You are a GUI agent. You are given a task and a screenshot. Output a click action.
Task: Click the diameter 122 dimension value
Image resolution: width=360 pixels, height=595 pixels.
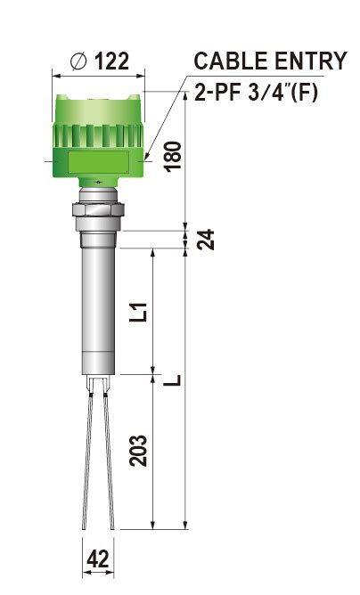(x=111, y=61)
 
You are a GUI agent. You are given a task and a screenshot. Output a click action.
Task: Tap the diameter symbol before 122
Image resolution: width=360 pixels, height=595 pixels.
(x=79, y=61)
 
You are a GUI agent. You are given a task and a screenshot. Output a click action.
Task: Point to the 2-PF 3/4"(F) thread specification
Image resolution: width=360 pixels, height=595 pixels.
(x=256, y=93)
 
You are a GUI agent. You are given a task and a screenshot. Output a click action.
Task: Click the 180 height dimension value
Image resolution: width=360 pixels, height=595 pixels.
(x=173, y=157)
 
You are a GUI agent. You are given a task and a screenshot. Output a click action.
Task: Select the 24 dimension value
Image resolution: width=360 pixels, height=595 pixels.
(x=206, y=240)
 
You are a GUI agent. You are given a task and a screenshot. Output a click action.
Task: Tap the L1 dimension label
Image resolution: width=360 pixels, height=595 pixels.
(x=138, y=312)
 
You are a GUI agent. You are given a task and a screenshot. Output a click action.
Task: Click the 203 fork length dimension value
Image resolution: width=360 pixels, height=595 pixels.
(x=138, y=451)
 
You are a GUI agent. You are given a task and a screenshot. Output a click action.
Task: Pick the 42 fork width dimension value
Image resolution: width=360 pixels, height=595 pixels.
(x=98, y=559)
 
